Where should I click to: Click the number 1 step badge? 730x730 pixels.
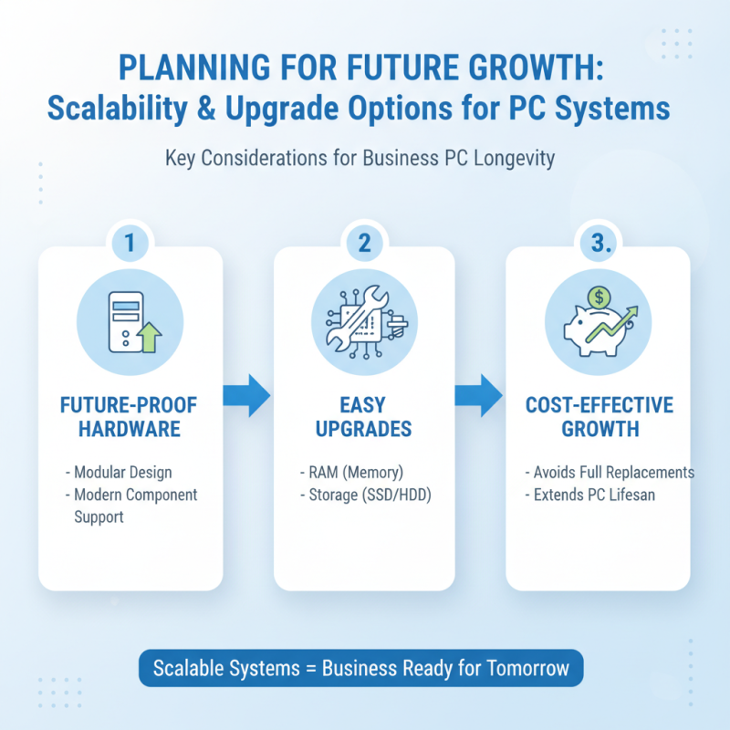130,243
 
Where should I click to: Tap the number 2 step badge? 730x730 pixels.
364,243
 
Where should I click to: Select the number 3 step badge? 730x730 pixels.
599,243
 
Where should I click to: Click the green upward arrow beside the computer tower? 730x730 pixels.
149,338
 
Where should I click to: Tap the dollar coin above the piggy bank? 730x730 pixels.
600,297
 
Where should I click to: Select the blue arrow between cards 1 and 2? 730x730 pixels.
246,395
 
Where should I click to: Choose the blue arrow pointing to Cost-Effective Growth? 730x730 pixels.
478,395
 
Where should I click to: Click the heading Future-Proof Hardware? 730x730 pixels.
129,417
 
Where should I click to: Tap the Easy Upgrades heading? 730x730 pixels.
363,417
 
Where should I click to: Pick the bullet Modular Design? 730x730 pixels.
119,472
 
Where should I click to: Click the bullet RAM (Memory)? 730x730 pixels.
351,472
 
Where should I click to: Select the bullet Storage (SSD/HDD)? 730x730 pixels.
366,495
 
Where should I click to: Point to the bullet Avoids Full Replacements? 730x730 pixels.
610,472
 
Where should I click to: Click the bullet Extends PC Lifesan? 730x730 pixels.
589,495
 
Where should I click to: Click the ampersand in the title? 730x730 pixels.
206,109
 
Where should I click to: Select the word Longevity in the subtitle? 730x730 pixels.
514,158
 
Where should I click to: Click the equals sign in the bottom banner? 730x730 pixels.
310,669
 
